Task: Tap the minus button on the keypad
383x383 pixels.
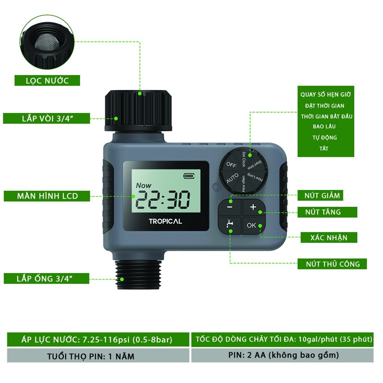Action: (x=230, y=207)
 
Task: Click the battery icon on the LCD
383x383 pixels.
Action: (x=189, y=176)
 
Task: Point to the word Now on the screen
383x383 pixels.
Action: (x=143, y=186)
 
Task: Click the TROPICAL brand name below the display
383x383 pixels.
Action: (x=165, y=221)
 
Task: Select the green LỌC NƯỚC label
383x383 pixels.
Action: (x=47, y=81)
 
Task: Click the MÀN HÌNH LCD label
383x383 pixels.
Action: (x=47, y=196)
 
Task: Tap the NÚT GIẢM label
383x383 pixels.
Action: (x=320, y=195)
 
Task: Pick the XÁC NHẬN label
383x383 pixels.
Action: (x=329, y=238)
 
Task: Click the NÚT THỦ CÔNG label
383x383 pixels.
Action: (x=332, y=264)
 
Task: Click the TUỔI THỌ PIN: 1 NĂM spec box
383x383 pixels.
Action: (x=98, y=356)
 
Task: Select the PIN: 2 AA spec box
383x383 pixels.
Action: (x=282, y=355)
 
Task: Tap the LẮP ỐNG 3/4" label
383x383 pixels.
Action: (x=46, y=278)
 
